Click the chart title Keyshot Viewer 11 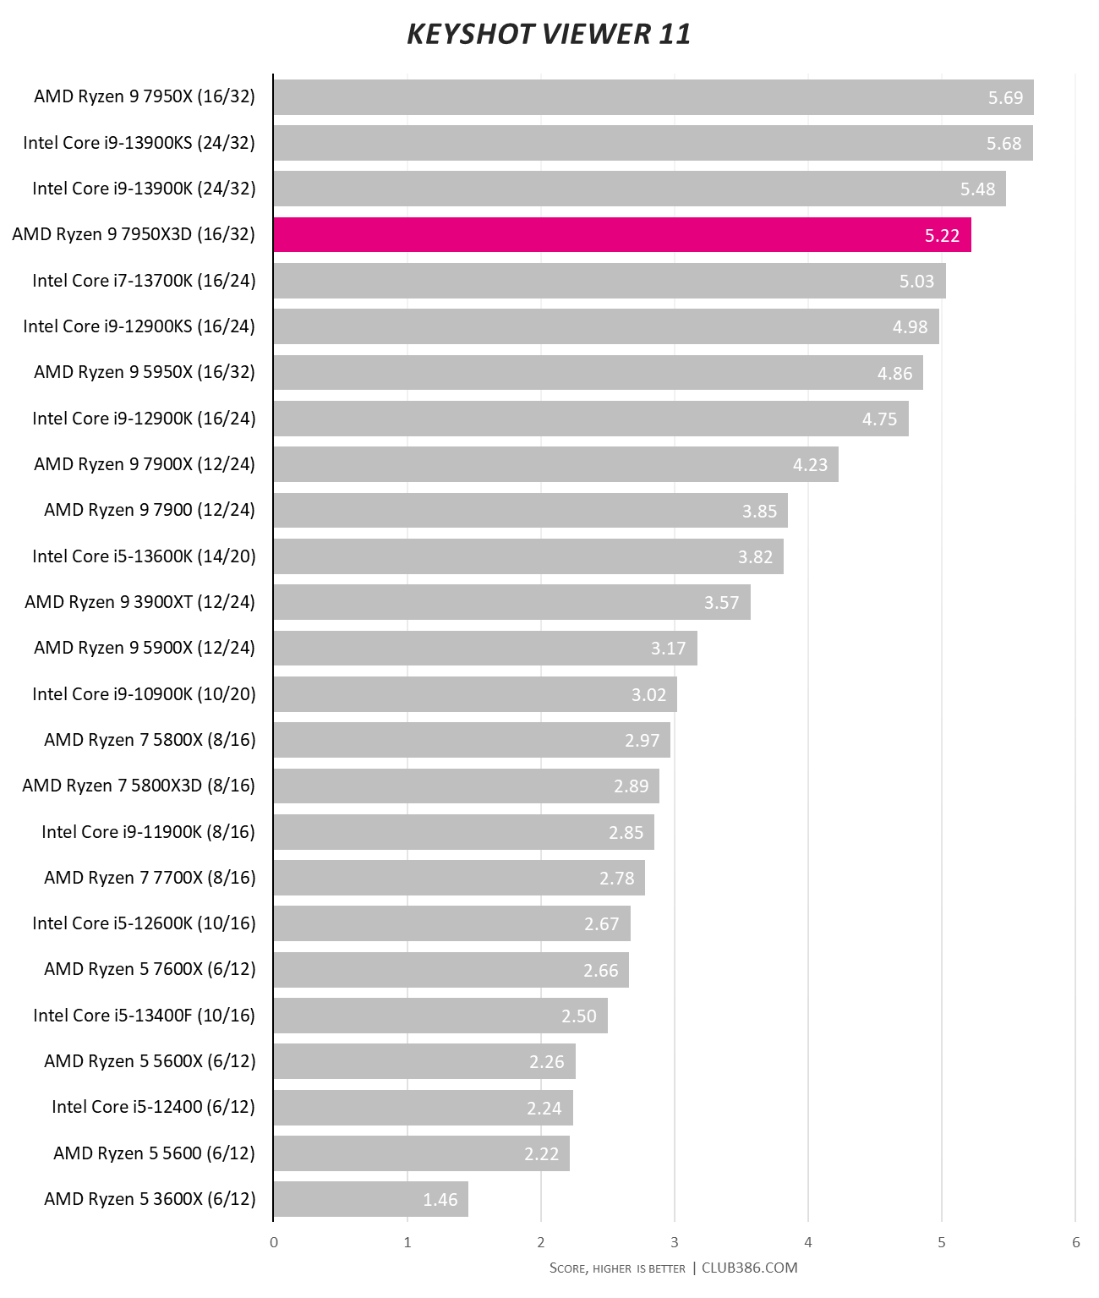coord(549,34)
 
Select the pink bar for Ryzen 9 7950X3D coord(621,235)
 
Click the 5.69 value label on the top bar coord(1005,98)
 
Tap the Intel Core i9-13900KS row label coord(139,143)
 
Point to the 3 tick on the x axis coord(675,1242)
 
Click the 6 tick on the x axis coord(1075,1242)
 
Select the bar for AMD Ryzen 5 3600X coord(370,1199)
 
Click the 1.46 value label coord(440,1200)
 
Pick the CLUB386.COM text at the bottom coord(749,1268)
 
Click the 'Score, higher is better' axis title coord(617,1268)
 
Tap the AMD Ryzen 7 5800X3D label coord(139,786)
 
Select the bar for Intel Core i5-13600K coord(528,556)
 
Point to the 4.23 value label coord(810,465)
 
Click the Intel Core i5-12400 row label coord(153,1107)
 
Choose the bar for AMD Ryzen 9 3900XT coord(511,602)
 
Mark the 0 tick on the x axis coord(274,1242)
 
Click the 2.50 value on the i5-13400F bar coord(579,1016)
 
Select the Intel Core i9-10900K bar coord(474,694)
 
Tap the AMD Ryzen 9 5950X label coord(145,372)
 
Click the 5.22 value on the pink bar coord(942,236)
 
